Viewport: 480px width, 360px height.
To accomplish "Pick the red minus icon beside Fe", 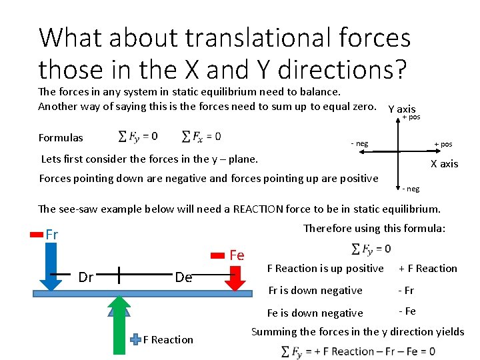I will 218,255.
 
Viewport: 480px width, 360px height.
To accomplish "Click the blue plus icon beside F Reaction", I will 135,339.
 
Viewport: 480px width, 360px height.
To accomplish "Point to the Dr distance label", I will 86,277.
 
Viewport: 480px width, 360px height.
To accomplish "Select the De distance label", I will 183,277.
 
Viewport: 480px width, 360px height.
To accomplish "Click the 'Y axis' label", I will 401,109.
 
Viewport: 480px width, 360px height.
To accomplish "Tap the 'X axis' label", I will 444,164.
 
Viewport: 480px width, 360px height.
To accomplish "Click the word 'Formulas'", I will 61,138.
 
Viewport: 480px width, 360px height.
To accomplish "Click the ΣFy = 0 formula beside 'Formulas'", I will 138,137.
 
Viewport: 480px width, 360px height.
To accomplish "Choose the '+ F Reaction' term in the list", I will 427,269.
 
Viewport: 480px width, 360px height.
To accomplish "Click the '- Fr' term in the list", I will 407,291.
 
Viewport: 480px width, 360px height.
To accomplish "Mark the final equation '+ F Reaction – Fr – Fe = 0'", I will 358,351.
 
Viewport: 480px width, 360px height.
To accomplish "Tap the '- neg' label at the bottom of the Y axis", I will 411,189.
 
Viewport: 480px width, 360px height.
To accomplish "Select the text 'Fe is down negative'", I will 315,313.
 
